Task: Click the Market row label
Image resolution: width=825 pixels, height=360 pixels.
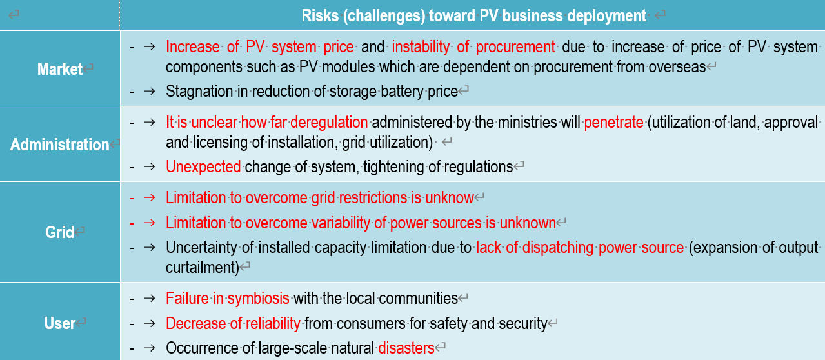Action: point(59,69)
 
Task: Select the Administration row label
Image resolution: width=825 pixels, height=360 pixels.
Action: point(59,145)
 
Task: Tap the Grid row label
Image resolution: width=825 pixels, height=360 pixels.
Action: point(59,232)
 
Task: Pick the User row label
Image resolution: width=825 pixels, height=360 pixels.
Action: point(59,323)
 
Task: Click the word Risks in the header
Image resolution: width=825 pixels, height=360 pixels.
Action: point(320,15)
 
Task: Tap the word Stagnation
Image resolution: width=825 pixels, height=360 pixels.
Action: point(199,92)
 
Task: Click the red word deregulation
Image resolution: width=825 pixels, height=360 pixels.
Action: point(329,123)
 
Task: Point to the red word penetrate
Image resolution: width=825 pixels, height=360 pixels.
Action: point(613,123)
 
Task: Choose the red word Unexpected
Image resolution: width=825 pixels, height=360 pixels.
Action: point(203,167)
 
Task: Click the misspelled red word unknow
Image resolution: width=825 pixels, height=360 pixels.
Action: point(450,198)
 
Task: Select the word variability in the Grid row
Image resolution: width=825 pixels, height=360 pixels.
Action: point(341,223)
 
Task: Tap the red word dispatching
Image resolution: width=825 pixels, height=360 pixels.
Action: point(557,248)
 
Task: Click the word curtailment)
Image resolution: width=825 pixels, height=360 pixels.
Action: point(203,268)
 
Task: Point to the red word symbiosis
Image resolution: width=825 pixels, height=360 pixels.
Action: point(258,299)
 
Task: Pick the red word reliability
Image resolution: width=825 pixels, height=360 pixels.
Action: point(273,323)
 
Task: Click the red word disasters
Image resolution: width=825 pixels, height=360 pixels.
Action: point(406,348)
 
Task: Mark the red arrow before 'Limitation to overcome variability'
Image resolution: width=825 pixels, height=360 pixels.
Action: point(150,223)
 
